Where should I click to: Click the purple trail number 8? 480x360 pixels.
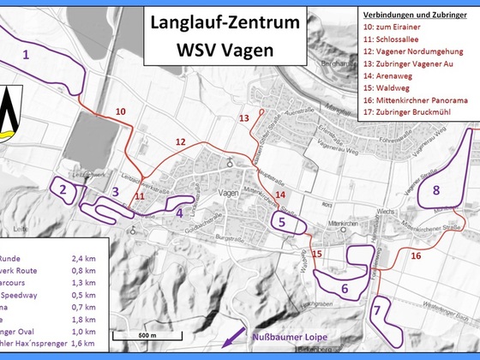tap(436, 189)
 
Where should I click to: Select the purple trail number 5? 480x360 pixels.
tap(281, 221)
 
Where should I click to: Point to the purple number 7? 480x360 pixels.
tap(377, 309)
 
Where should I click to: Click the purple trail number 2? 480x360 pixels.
tap(63, 189)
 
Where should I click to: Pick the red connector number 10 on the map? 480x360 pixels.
tap(120, 111)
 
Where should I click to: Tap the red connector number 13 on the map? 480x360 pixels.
tap(244, 117)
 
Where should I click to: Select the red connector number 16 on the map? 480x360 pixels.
tap(416, 255)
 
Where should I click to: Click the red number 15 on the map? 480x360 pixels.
tap(317, 254)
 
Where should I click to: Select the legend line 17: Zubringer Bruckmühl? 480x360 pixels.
tap(411, 111)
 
